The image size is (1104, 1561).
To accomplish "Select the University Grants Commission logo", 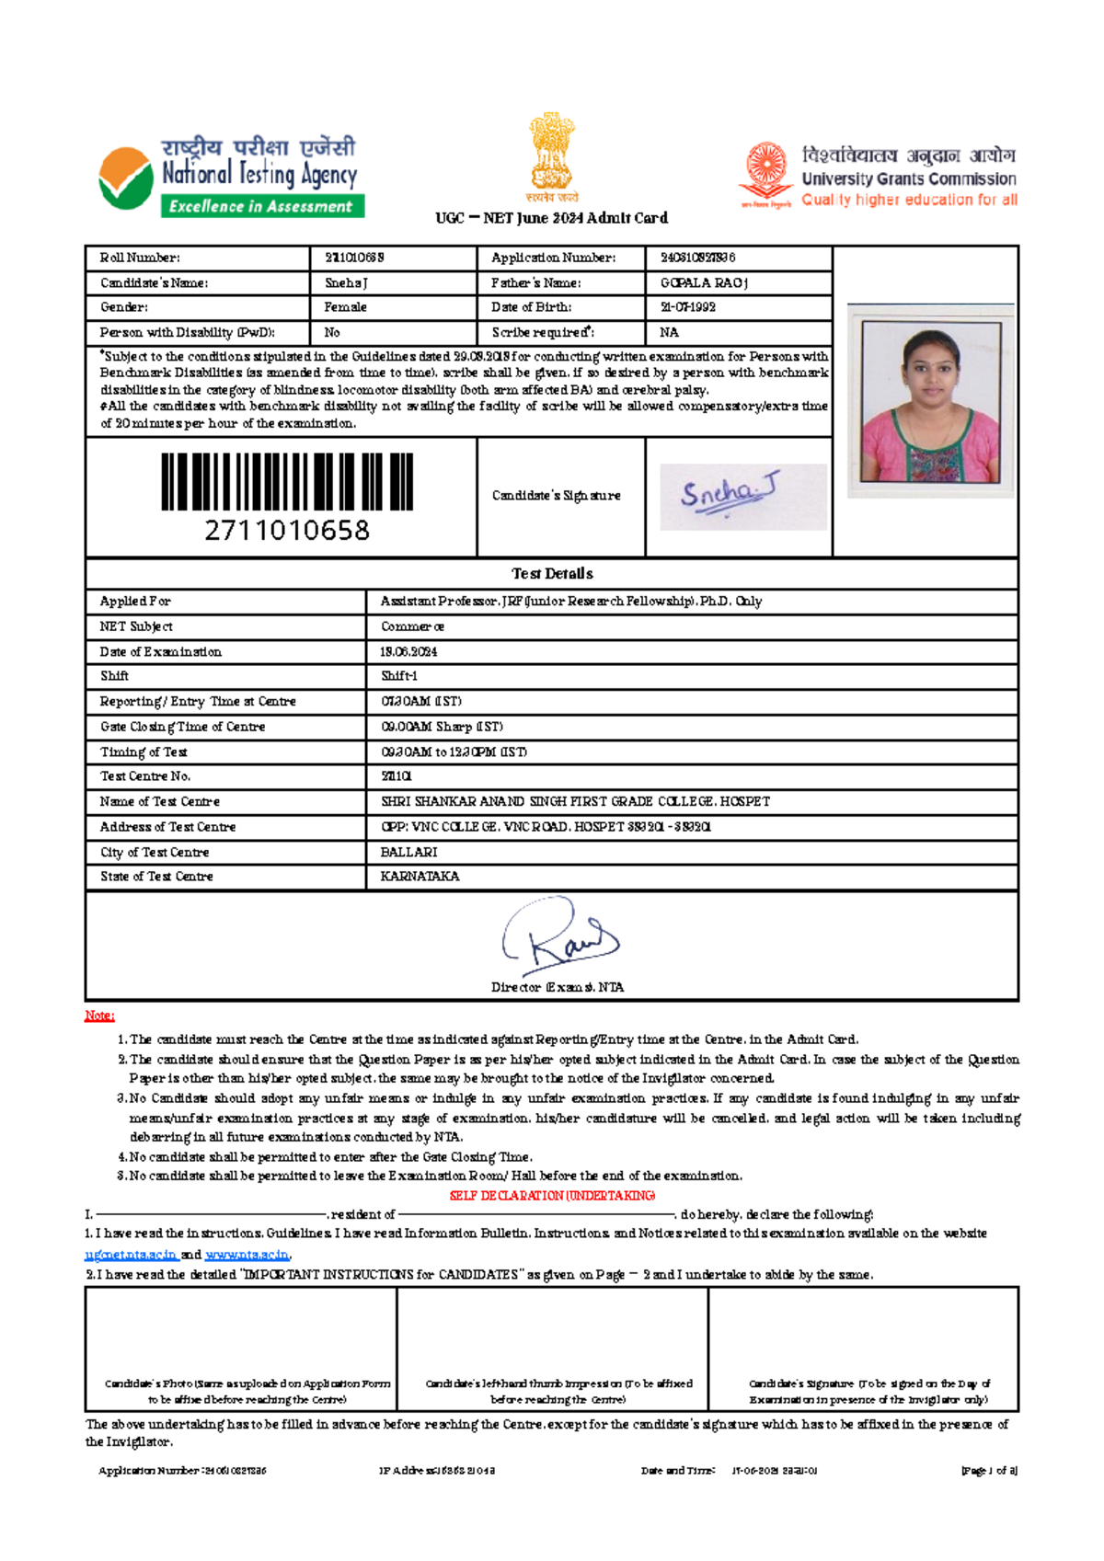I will point(879,176).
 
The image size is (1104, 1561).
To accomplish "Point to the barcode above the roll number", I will point(287,481).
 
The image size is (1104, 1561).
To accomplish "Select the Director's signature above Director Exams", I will point(559,938).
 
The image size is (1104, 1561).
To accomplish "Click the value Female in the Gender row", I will point(346,307).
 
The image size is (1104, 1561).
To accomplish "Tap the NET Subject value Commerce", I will point(412,626).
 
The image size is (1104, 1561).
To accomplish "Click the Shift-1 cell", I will point(399,676).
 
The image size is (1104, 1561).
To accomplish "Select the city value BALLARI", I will point(409,853).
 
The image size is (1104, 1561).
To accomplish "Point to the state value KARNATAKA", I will point(420,877).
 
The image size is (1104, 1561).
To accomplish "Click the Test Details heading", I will point(552,574).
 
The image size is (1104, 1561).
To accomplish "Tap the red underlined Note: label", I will point(99,1016).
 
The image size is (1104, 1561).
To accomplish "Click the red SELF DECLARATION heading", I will point(552,1196).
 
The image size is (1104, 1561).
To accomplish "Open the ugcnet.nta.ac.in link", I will point(131,1255).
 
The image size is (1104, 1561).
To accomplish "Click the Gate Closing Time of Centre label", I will point(182,727).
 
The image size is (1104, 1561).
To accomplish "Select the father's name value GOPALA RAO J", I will point(704,283).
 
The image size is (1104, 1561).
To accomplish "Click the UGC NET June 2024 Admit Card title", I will point(552,218).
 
